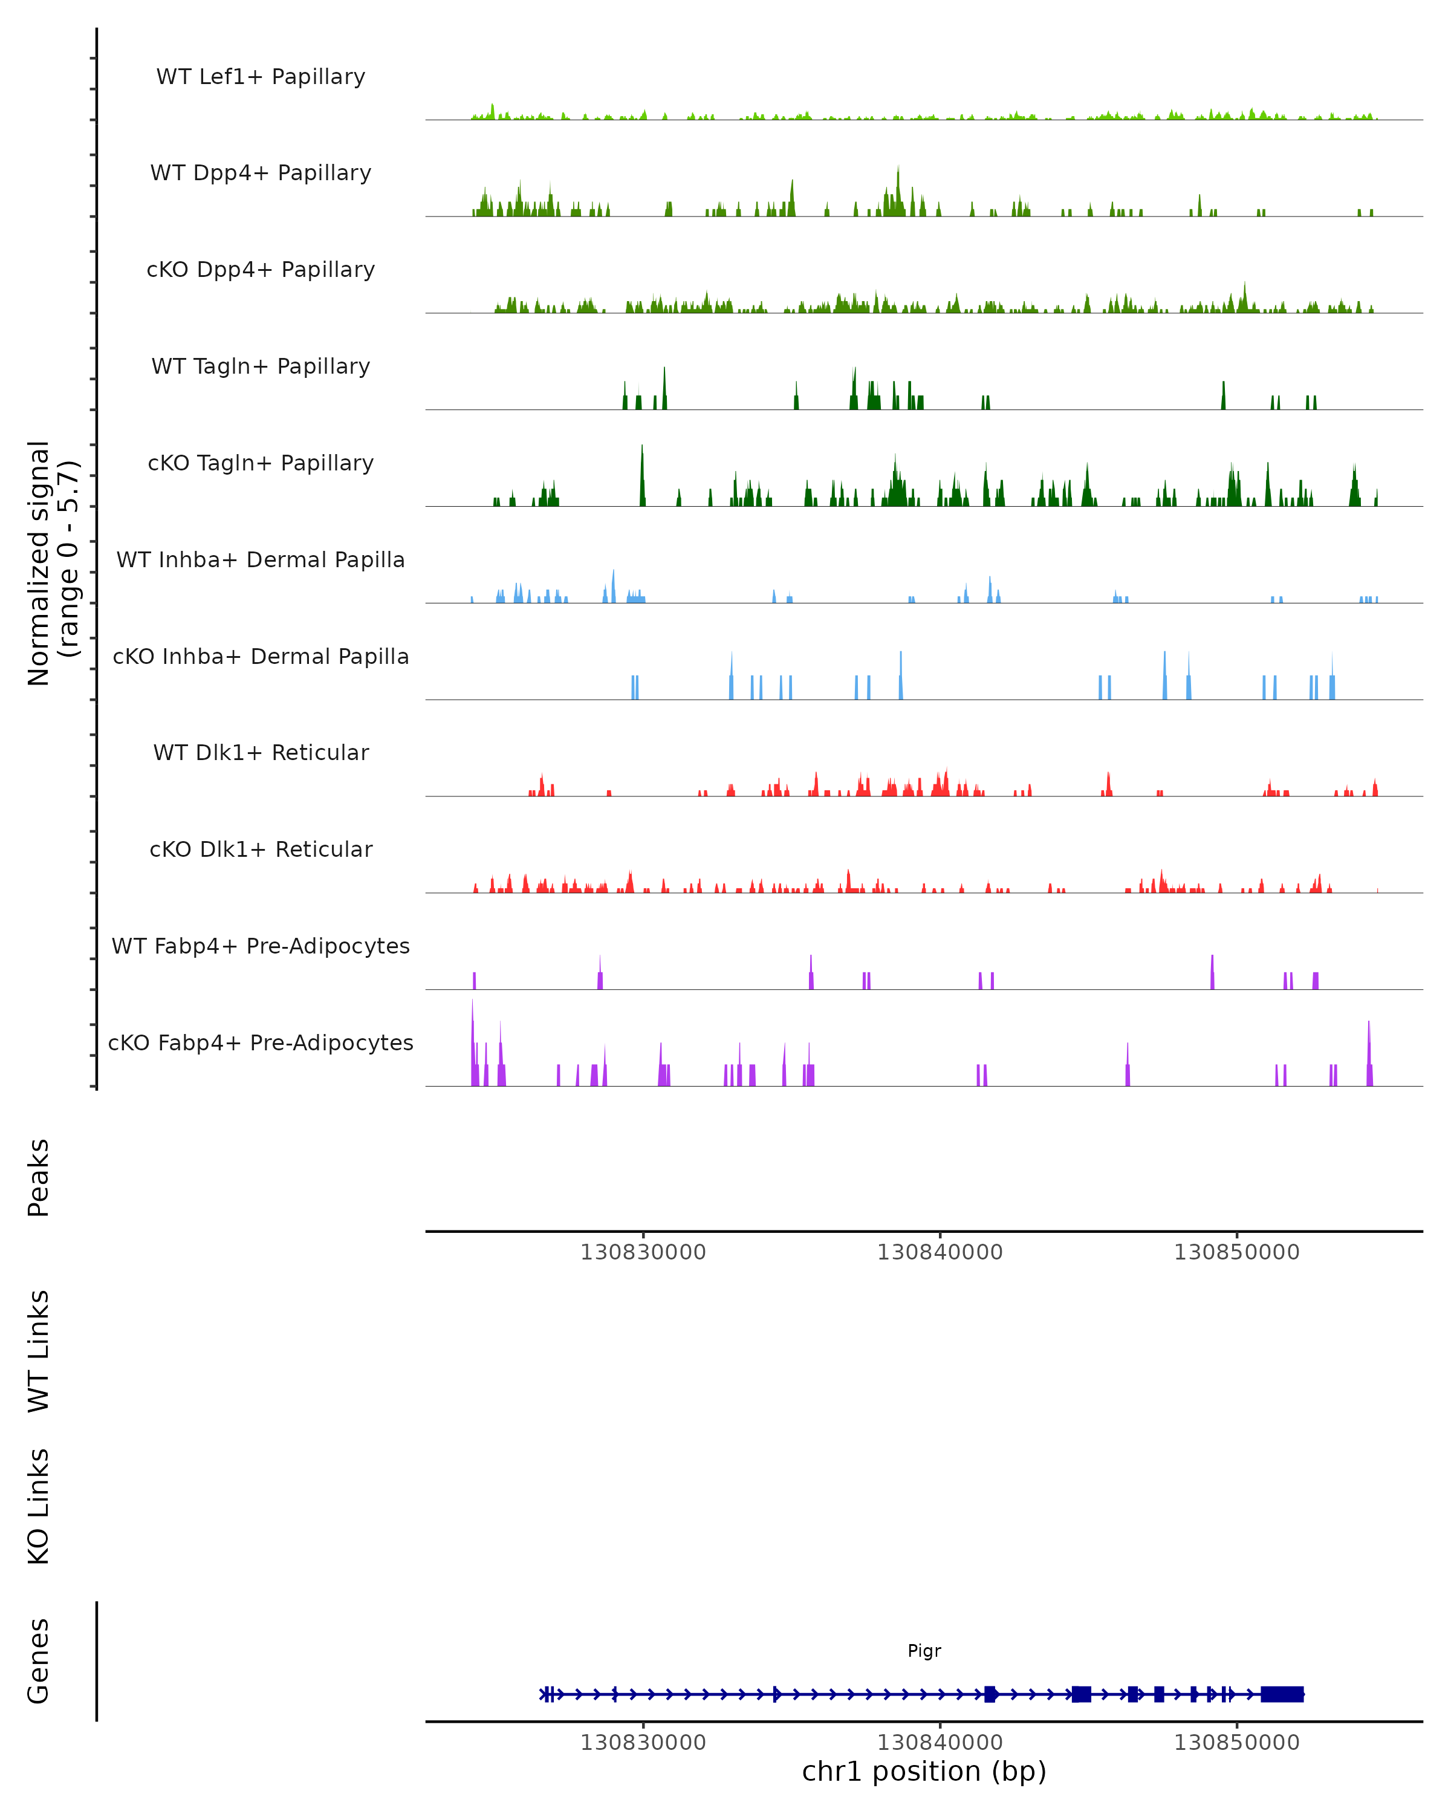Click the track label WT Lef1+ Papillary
point(261,77)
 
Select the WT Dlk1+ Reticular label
point(261,752)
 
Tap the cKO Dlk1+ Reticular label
point(261,849)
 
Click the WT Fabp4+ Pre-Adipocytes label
point(261,946)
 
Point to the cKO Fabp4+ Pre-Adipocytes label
point(261,1042)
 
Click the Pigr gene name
point(924,1651)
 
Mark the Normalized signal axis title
point(52,563)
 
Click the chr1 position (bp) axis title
point(924,1771)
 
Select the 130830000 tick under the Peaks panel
point(643,1252)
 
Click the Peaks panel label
point(39,1177)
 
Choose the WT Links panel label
point(39,1351)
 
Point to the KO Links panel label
point(39,1507)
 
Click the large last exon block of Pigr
point(1282,1694)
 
